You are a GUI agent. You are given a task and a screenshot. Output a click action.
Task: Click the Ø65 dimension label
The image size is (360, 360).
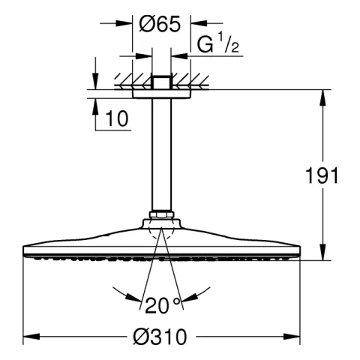(160, 24)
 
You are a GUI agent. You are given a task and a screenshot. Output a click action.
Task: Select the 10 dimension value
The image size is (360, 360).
(117, 118)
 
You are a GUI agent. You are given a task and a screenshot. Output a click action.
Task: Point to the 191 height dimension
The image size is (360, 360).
(322, 175)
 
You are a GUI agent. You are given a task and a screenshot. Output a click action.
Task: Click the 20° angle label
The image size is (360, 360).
(163, 305)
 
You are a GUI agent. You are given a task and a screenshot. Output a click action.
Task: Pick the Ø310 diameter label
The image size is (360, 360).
(160, 337)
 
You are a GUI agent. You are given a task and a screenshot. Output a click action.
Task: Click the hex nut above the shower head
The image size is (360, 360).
(161, 214)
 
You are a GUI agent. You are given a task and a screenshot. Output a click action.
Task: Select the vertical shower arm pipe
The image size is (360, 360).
(161, 154)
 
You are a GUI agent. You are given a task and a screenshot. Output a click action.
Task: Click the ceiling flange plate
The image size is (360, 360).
(161, 94)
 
